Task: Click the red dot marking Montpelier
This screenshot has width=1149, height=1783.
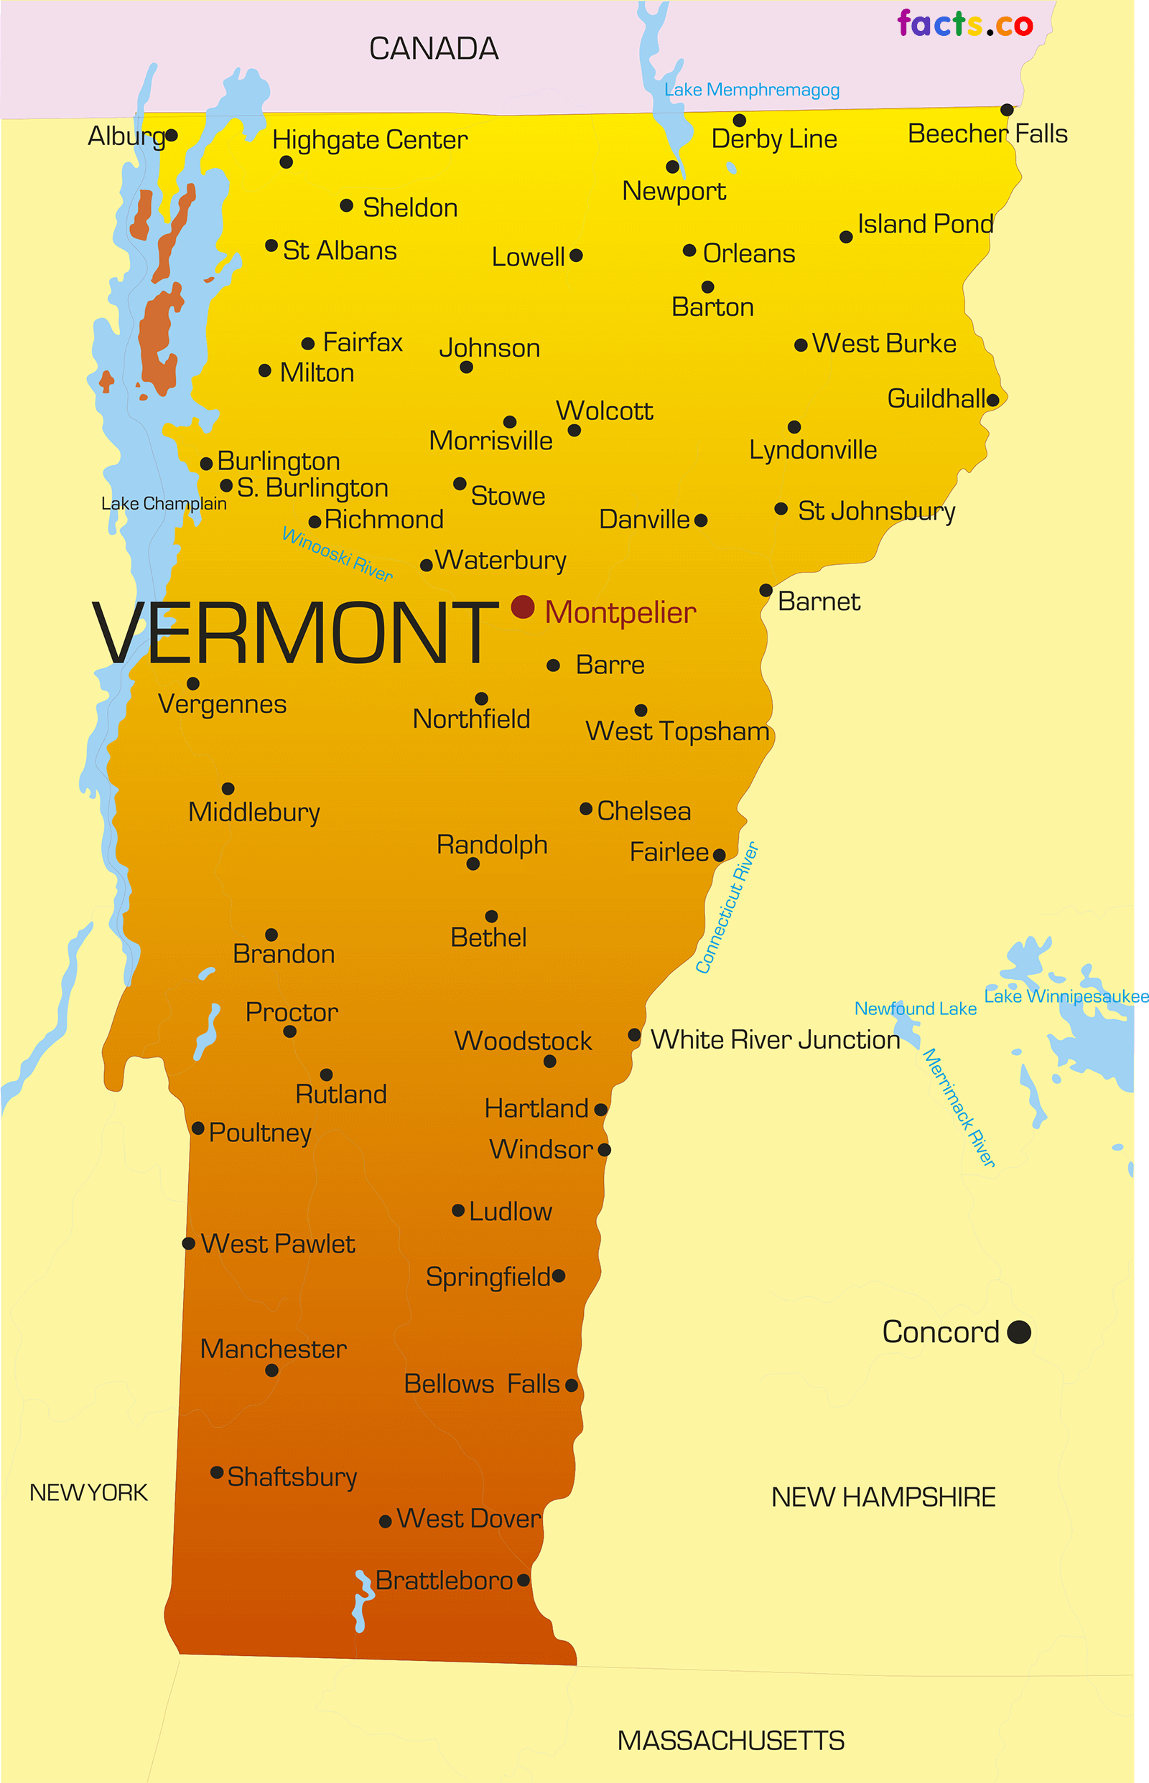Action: pos(522,607)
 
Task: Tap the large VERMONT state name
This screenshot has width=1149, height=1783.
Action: pos(294,634)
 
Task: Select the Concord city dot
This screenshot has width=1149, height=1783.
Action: pos(1018,1332)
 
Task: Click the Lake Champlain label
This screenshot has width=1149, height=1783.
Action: pos(164,503)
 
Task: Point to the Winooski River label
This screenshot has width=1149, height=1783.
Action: pos(338,554)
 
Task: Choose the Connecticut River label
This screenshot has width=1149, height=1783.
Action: pos(727,907)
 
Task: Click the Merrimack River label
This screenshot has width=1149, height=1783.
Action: pos(959,1108)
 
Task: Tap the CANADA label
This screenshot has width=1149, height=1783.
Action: pos(434,50)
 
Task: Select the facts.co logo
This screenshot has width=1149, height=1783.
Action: pos(964,24)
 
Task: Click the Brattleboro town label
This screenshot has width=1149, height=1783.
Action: pos(444,1580)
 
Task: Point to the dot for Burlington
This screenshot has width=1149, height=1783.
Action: pos(207,464)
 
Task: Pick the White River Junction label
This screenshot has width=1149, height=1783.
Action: pos(775,1039)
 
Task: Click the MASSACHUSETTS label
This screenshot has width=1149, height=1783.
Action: pos(730,1741)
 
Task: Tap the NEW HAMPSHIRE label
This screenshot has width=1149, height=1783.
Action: pos(883,1497)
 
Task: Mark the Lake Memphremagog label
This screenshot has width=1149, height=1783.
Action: pos(751,90)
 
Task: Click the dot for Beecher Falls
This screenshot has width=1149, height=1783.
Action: pos(1007,110)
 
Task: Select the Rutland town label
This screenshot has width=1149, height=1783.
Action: pos(341,1094)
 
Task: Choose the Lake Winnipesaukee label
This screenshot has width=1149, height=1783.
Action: pos(1066,996)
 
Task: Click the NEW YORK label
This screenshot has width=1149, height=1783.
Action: pos(88,1492)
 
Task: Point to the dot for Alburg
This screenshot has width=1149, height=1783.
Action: pos(172,135)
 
